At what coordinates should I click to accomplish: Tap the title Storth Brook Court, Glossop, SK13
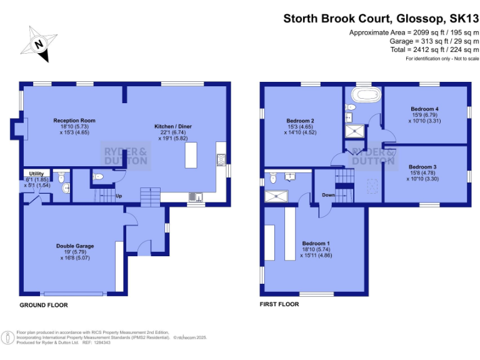tap(377, 18)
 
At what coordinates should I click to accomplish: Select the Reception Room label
tap(74, 120)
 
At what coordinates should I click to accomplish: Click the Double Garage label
tap(75, 246)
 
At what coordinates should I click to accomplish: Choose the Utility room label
tap(35, 174)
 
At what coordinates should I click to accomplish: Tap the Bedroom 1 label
tap(316, 243)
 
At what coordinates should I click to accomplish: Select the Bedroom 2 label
tap(300, 120)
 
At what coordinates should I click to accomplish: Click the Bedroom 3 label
tap(422, 167)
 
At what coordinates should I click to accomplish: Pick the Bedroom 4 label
tap(425, 107)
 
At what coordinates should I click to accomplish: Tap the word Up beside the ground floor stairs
tap(118, 195)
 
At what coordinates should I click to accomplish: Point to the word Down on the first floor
tap(328, 195)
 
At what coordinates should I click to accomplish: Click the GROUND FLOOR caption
tap(44, 305)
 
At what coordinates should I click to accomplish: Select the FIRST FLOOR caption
tap(279, 304)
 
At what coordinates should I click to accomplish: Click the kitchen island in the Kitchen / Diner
tap(191, 155)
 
